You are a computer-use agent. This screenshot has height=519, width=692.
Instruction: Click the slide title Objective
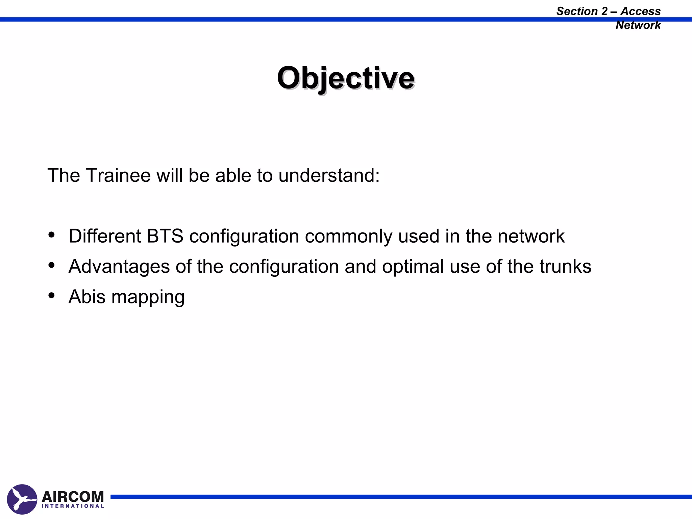tap(346, 78)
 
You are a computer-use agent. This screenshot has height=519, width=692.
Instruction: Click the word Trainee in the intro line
tap(118, 175)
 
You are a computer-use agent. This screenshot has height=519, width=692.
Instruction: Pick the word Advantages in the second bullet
tap(119, 267)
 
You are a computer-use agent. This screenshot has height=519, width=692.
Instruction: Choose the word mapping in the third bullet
tap(148, 297)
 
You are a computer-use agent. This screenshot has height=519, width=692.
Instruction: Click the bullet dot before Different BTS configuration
tap(51, 235)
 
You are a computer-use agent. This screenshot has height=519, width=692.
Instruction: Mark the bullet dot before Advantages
tap(51, 265)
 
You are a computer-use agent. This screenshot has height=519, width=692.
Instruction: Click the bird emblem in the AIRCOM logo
tap(22, 499)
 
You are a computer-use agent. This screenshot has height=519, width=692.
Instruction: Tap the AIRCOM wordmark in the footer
tap(73, 497)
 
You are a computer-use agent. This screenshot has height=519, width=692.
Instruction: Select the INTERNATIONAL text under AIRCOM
tap(73, 506)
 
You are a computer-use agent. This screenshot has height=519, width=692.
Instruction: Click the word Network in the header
tap(638, 25)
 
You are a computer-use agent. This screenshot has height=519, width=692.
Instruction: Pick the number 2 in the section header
tap(604, 11)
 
